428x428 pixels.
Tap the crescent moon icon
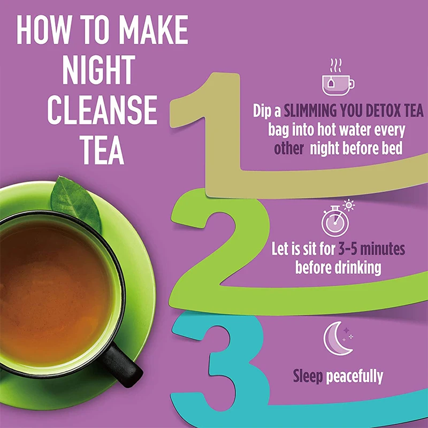tap(337, 338)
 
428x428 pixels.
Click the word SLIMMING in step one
tap(311, 111)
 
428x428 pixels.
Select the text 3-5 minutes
tap(371, 249)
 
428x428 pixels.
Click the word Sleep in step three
tap(308, 376)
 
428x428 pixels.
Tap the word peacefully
tap(355, 376)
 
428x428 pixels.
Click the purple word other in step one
tap(288, 148)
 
